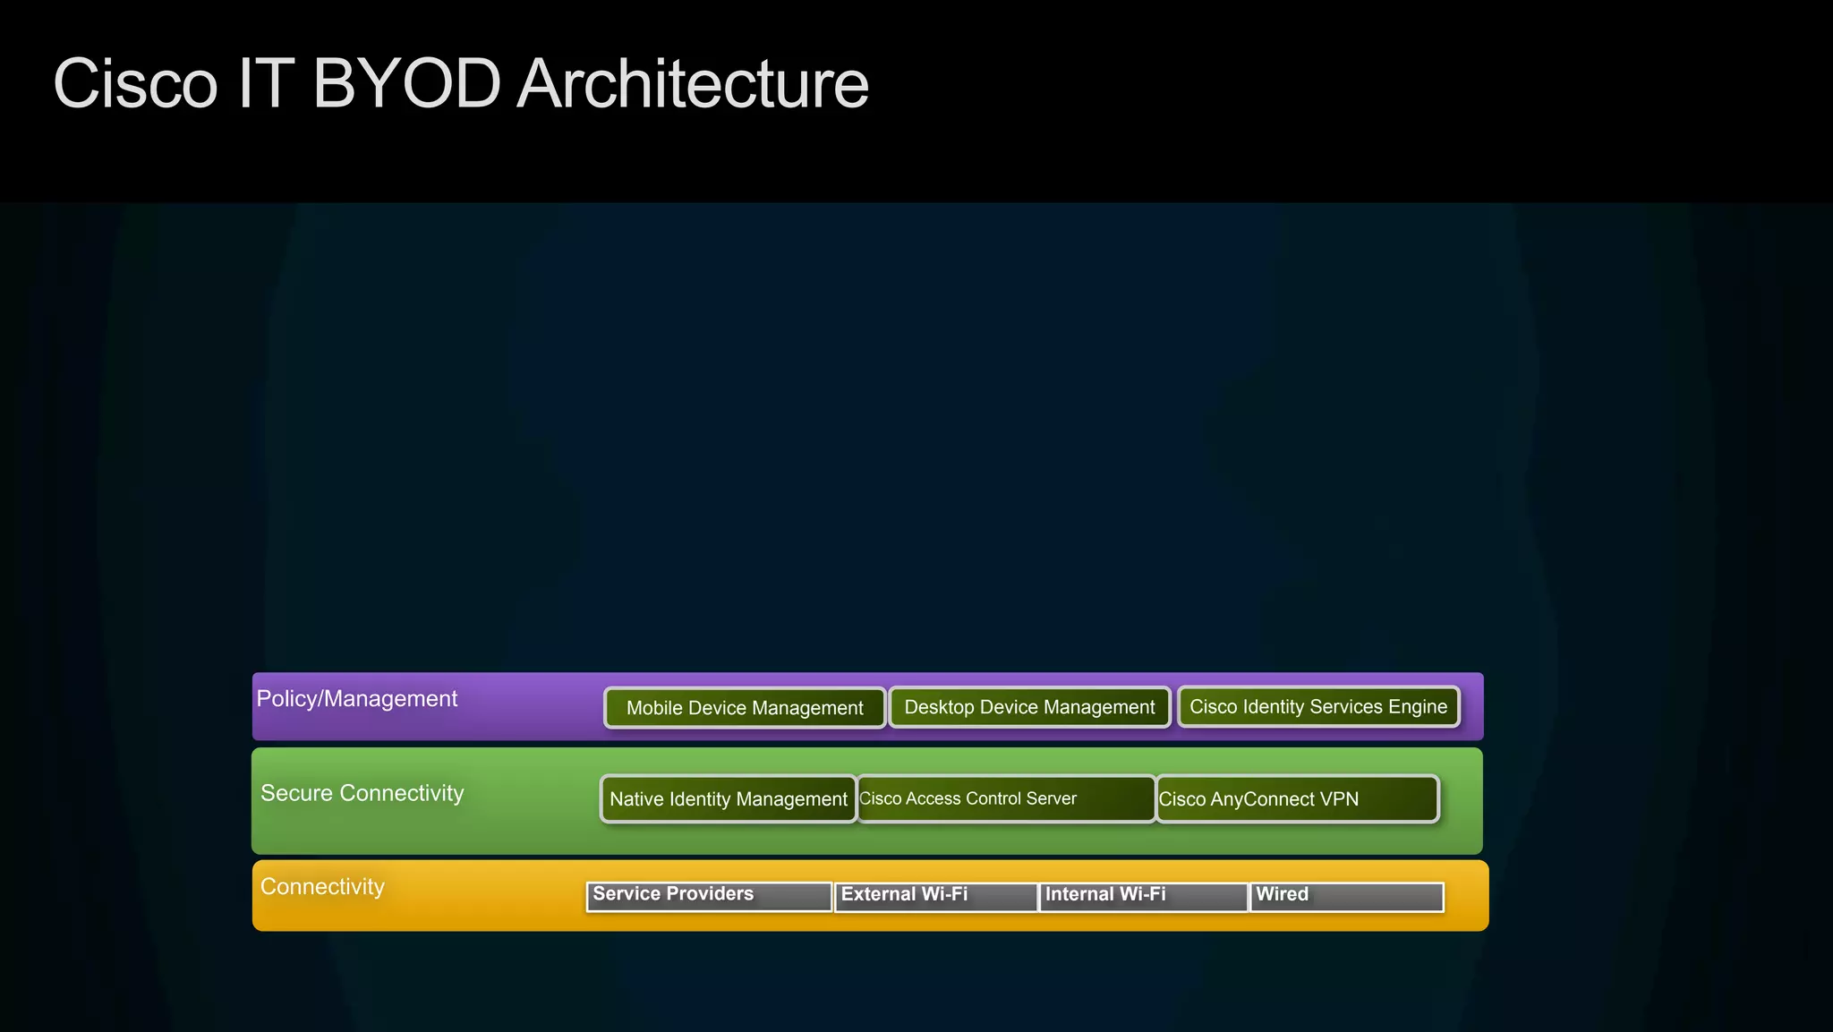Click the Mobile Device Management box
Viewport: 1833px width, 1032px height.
[x=745, y=708]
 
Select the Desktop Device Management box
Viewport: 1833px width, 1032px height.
[x=1029, y=707]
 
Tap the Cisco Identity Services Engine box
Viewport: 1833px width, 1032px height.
[x=1317, y=706]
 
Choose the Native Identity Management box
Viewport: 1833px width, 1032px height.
[x=728, y=799]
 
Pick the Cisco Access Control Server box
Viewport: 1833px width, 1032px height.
[x=1006, y=798]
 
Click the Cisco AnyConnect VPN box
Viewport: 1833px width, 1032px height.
[x=1297, y=799]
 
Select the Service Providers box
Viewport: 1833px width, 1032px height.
[x=709, y=896]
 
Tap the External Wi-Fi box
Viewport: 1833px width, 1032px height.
[x=935, y=896]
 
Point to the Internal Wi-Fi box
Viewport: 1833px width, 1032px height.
[x=1143, y=896]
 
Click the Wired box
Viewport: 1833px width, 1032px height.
[x=1346, y=896]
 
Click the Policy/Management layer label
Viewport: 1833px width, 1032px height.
[x=356, y=699]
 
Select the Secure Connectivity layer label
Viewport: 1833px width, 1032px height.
[x=362, y=793]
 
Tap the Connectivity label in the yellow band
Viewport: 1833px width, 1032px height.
[x=322, y=887]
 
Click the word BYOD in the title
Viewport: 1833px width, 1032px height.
[x=406, y=84]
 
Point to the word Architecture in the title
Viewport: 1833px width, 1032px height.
[x=693, y=84]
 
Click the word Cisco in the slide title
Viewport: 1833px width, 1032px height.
[x=135, y=84]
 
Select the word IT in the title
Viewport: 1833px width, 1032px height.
[x=266, y=84]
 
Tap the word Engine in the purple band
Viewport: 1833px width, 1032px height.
[x=1418, y=706]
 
